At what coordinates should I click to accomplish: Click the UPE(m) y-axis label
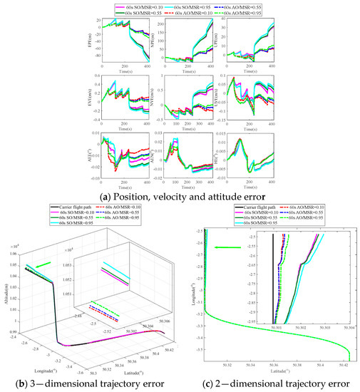pyautogui.click(x=217, y=37)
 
